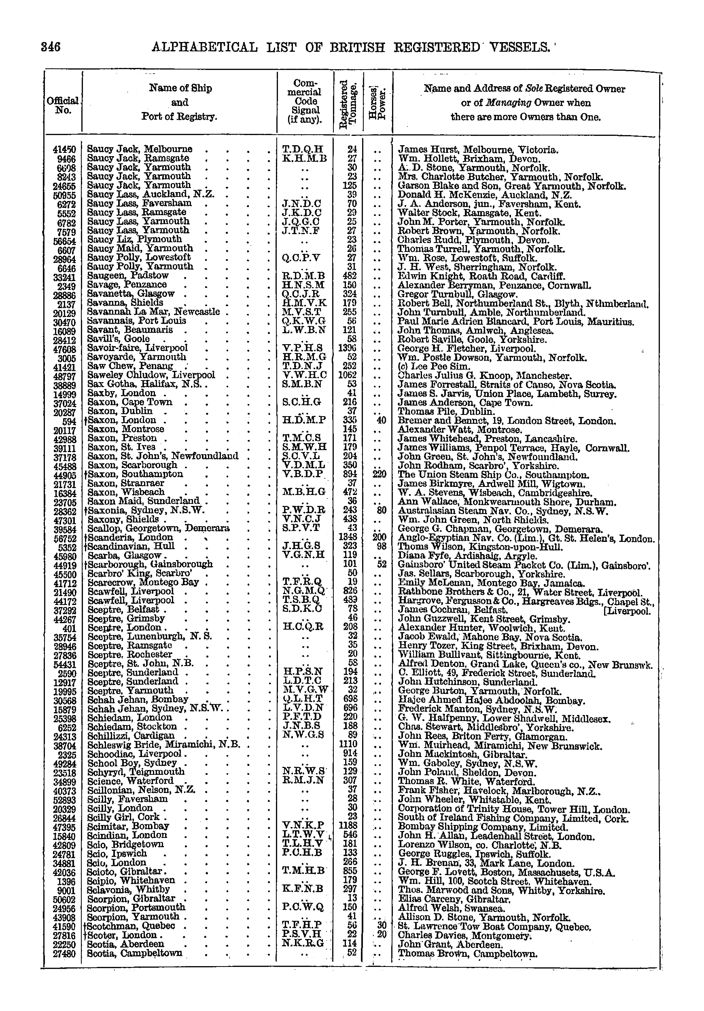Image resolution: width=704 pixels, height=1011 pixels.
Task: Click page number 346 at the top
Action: coord(51,47)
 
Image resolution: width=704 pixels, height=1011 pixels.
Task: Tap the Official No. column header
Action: coord(62,105)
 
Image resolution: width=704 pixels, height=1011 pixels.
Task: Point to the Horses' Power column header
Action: coord(377,106)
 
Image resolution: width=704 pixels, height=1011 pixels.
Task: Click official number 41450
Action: coord(64,150)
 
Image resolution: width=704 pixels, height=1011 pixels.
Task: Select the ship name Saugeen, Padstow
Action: coord(128,276)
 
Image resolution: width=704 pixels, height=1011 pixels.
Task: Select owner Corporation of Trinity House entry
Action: coord(514,809)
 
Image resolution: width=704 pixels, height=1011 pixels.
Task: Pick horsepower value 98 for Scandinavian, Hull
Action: coord(381,546)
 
